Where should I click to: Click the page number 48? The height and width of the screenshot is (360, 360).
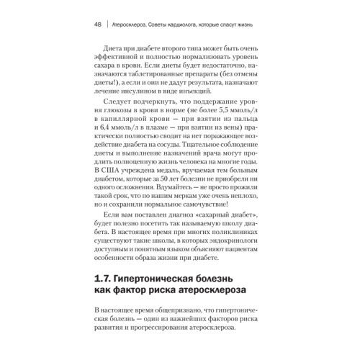[98, 25]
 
